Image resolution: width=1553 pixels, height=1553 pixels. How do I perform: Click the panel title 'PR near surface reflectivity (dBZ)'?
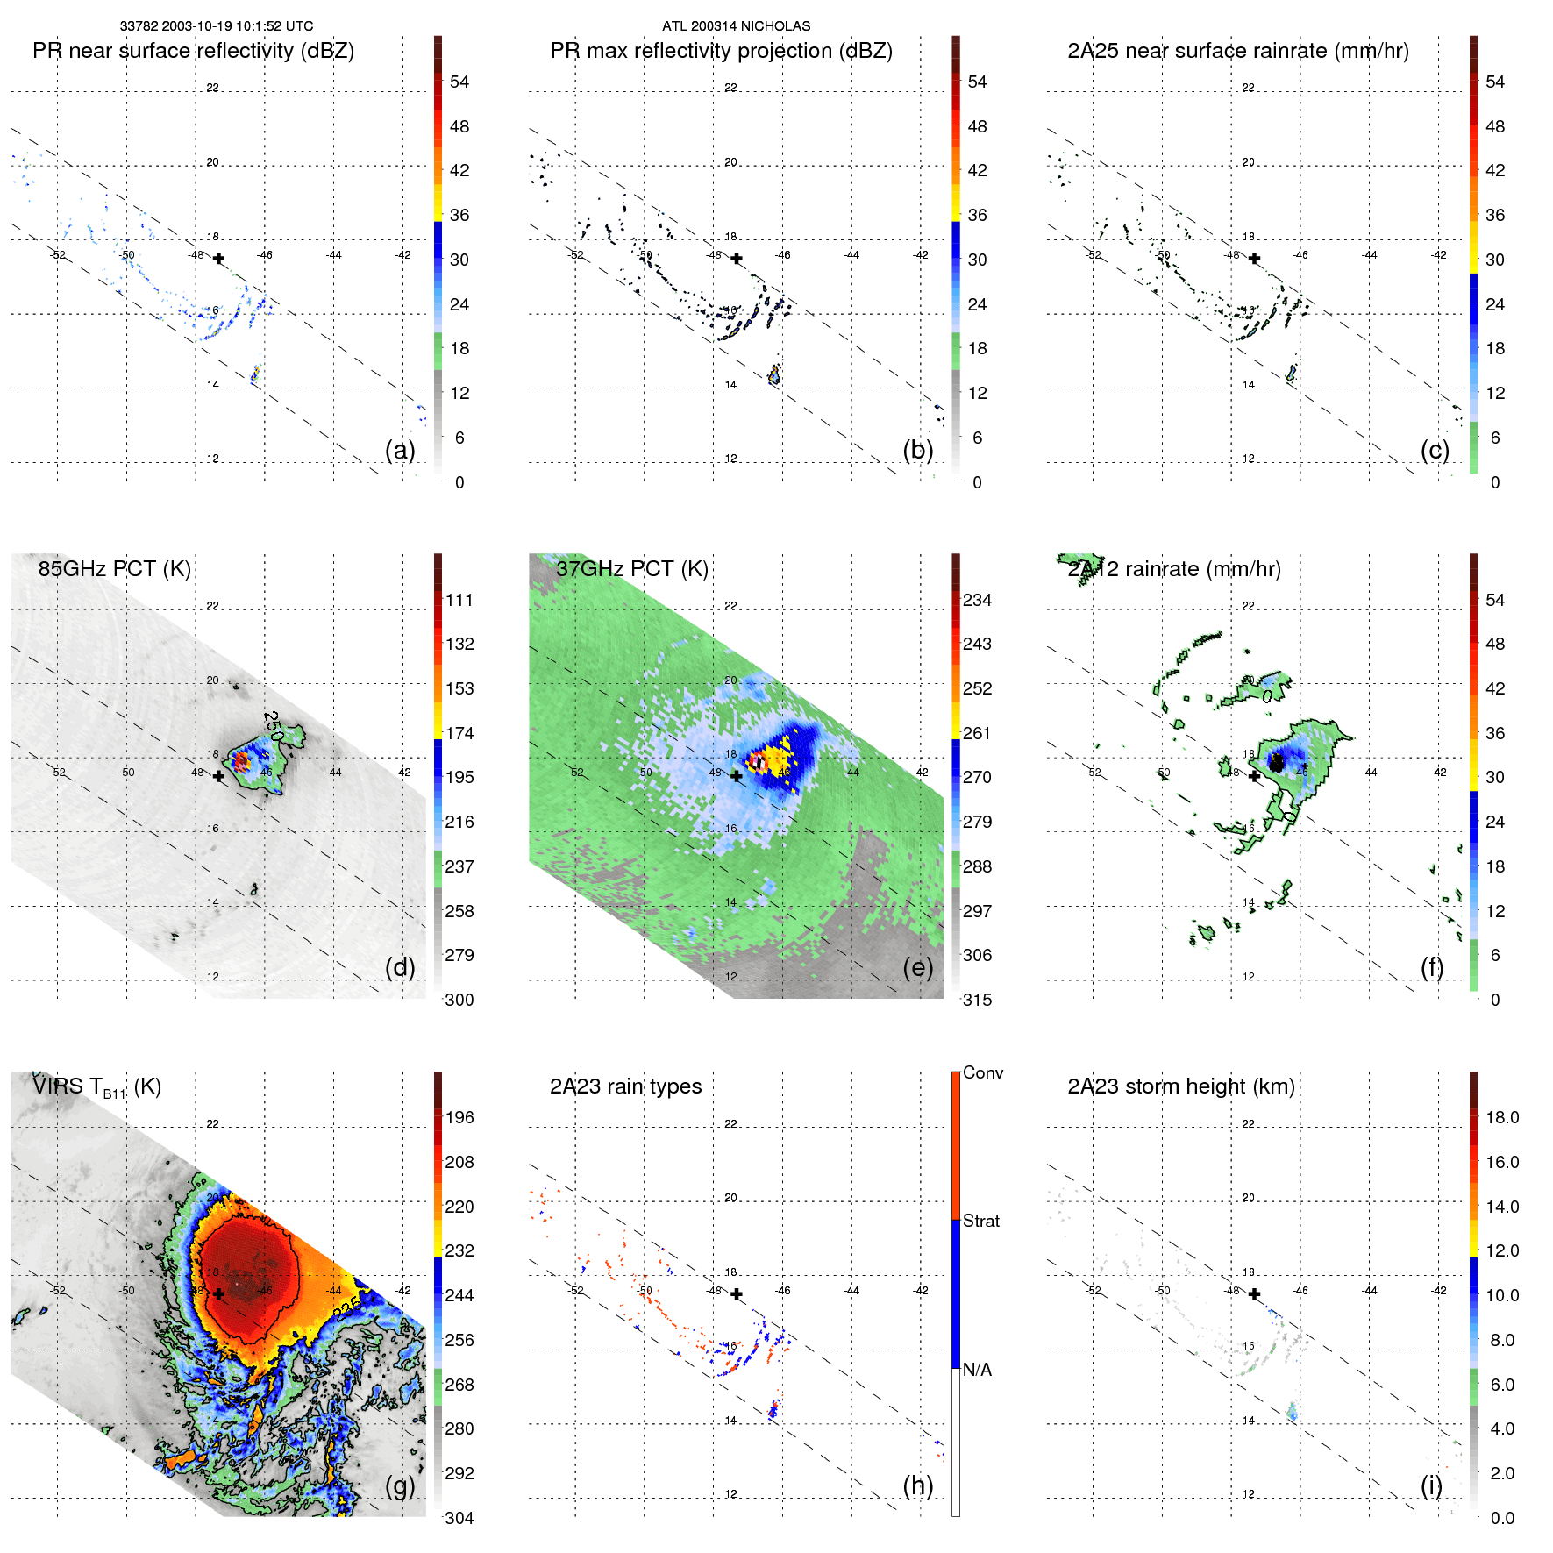click(193, 51)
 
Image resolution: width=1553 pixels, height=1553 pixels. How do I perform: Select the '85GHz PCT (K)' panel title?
click(114, 568)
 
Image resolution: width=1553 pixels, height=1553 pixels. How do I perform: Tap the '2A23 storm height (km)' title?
click(1180, 1086)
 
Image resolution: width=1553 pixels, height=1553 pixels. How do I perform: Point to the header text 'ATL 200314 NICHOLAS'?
click(736, 26)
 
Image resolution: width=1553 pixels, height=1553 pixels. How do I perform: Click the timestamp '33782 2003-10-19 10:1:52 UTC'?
click(217, 26)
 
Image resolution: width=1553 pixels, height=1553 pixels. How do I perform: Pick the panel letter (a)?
click(400, 450)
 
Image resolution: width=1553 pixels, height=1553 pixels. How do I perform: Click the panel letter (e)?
click(918, 967)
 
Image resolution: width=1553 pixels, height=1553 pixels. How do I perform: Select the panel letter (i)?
click(1431, 1485)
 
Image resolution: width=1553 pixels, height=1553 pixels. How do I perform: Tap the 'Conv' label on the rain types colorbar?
click(983, 1072)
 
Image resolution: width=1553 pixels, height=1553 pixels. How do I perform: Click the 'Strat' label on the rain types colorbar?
click(981, 1221)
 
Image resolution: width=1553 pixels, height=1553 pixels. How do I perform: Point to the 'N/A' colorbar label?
click(977, 1370)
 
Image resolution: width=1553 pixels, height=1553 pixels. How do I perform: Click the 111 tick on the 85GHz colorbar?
click(459, 600)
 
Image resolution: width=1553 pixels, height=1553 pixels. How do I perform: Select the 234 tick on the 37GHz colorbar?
click(977, 600)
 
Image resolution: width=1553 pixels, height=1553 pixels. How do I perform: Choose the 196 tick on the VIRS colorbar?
click(459, 1117)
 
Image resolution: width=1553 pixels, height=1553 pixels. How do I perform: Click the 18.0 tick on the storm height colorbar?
click(1502, 1117)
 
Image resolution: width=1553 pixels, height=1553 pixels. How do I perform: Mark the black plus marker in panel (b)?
click(737, 259)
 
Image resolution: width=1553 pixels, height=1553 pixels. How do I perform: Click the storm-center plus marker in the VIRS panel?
click(219, 1293)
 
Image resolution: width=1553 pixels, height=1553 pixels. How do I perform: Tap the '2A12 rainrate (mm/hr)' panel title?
click(1174, 569)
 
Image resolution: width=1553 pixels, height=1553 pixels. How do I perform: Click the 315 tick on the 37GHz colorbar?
click(977, 1000)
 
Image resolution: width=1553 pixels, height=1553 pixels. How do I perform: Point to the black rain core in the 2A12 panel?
click(1277, 763)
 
